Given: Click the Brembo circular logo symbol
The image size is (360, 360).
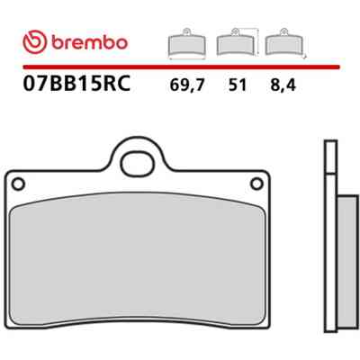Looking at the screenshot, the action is point(35,42).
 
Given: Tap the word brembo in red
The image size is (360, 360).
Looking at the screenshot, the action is point(90,42).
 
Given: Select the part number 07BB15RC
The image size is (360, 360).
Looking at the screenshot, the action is point(76,83).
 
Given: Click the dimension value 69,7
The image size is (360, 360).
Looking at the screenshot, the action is point(187,85).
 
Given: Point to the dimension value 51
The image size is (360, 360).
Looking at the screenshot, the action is point(238,85).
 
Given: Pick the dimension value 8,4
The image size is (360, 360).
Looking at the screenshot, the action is point(283,85).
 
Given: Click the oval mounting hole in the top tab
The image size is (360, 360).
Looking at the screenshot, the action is point(138,164).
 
